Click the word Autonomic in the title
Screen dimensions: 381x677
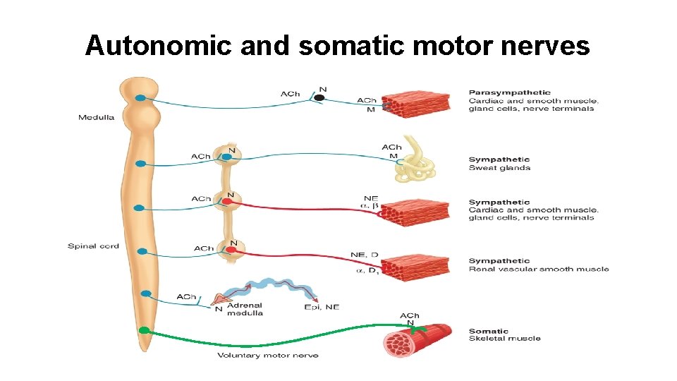pyautogui.click(x=159, y=45)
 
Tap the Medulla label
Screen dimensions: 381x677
pyautogui.click(x=96, y=117)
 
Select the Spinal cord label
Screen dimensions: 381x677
pyautogui.click(x=93, y=246)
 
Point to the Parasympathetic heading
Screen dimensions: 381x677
pyautogui.click(x=509, y=92)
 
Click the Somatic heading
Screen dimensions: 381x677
pyautogui.click(x=488, y=331)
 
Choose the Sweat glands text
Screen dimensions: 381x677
pyautogui.click(x=499, y=168)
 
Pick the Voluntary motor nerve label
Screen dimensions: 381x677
pyautogui.click(x=267, y=355)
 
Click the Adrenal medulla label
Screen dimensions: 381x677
pyautogui.click(x=245, y=309)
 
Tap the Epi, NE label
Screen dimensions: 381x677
pyautogui.click(x=322, y=307)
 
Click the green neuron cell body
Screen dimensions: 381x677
pyautogui.click(x=144, y=330)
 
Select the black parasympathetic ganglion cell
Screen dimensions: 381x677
pyautogui.click(x=319, y=98)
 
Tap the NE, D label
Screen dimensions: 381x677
pyautogui.click(x=365, y=255)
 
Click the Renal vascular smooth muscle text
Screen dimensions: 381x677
pyautogui.click(x=539, y=269)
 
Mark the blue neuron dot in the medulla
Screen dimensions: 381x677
pyautogui.click(x=141, y=98)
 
